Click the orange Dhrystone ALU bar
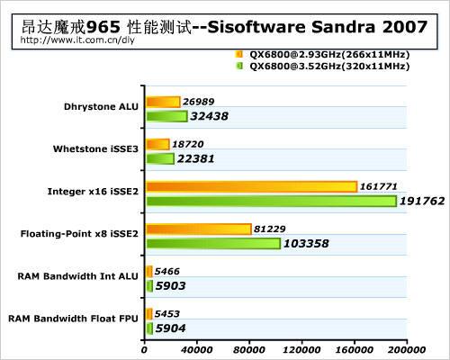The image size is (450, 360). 163,102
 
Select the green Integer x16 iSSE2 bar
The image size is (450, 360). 271,201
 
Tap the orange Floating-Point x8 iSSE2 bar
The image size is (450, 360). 198,229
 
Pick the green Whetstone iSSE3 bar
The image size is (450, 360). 160,158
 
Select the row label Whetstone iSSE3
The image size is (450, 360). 96,148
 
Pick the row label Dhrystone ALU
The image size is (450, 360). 102,106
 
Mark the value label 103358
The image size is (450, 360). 315,244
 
